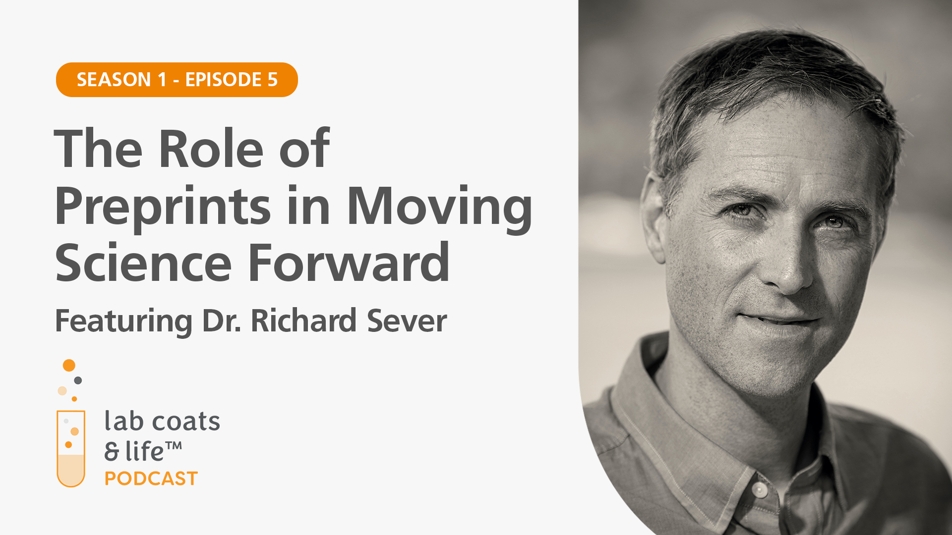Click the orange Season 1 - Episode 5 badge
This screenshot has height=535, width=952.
(177, 80)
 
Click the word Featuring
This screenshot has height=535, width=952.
(123, 322)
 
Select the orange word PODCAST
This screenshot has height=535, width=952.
(151, 479)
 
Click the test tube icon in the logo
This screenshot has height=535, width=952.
(71, 448)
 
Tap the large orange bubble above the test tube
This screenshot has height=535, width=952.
(69, 366)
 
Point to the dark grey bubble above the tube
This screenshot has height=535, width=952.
(78, 380)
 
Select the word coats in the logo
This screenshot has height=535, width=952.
(186, 422)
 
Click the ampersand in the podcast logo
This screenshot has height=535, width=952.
(112, 452)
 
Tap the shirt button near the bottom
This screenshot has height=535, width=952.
(759, 490)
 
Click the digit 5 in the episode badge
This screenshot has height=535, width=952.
(272, 80)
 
